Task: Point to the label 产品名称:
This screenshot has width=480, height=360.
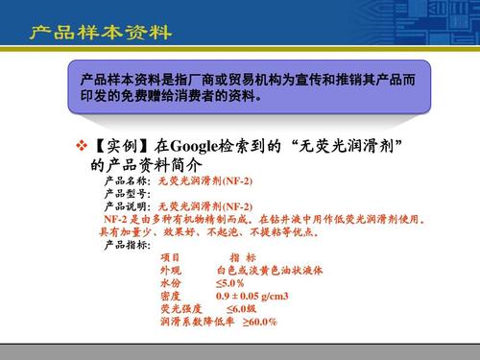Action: [x=127, y=180]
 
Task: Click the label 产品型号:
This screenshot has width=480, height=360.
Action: [x=127, y=193]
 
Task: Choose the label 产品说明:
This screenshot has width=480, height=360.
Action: [x=127, y=205]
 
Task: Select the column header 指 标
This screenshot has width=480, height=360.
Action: [x=243, y=257]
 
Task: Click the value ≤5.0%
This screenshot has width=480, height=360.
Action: [x=230, y=284]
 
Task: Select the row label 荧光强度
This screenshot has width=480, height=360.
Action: [x=181, y=309]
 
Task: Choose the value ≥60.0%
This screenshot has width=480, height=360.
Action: [x=259, y=323]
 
